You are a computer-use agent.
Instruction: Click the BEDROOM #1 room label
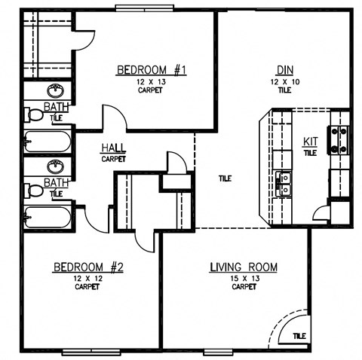tap(151, 71)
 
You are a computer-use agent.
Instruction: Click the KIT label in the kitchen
tap(310, 141)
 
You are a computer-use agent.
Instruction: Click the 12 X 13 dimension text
tap(151, 82)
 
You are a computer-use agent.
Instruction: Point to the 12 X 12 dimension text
tap(87, 278)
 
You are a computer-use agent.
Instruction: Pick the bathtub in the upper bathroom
tap(47, 141)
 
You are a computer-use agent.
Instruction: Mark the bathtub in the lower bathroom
tap(47, 218)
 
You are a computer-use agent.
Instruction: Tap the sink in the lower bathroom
tap(53, 167)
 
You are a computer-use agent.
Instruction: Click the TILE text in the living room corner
tap(299, 335)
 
